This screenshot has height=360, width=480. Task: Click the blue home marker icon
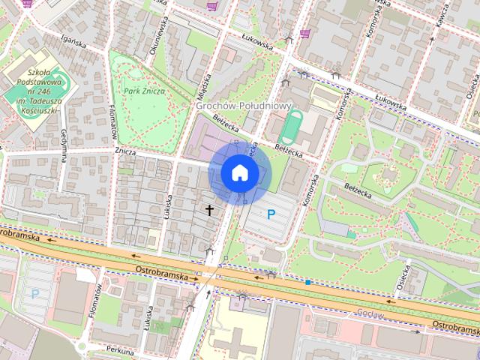238,172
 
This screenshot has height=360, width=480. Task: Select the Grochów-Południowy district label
242,106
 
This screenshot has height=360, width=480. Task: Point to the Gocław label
370,313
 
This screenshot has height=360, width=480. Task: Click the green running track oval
290,127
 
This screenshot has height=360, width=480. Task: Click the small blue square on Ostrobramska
307,282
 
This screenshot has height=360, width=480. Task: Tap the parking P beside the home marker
271,214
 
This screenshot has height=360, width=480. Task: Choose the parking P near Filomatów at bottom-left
34,294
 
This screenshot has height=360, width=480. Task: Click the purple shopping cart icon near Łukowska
304,33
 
